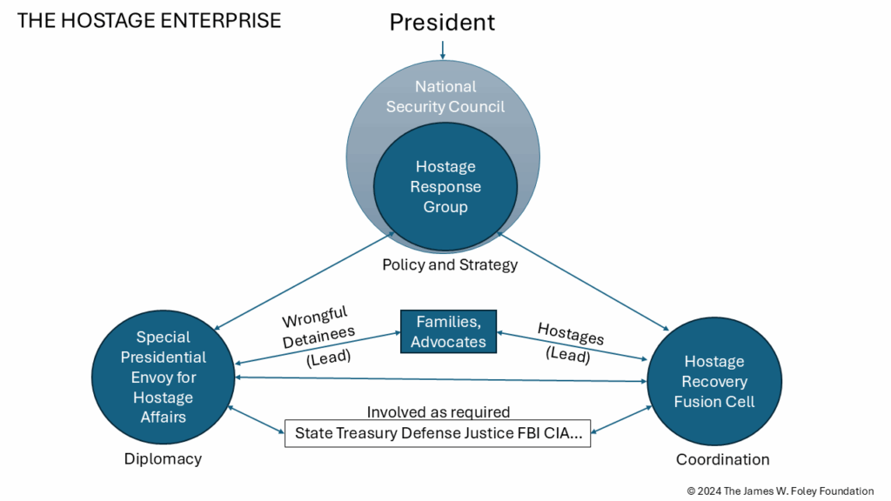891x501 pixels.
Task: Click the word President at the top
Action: click(x=442, y=22)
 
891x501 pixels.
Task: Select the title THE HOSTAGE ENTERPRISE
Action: click(x=149, y=21)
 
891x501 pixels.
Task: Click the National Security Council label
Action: click(x=445, y=97)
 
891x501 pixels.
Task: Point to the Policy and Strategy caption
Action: click(x=450, y=264)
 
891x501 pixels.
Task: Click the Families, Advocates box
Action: click(x=448, y=331)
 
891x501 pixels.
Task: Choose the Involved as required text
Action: click(x=439, y=412)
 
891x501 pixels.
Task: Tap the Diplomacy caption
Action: click(x=164, y=458)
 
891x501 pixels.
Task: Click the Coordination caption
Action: click(x=722, y=459)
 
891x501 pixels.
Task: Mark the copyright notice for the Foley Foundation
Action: click(x=780, y=491)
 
